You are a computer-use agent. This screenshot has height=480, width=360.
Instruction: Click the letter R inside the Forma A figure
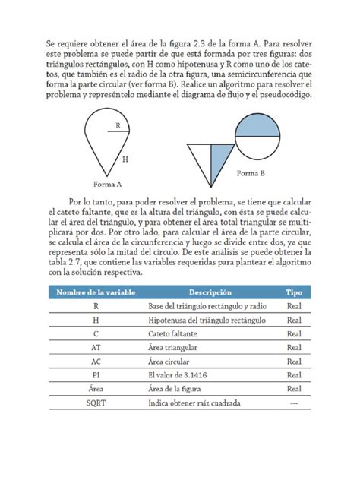coord(118,126)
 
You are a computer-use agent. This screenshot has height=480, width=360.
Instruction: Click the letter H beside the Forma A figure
coord(125,159)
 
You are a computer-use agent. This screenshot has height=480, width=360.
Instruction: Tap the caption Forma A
coord(108,184)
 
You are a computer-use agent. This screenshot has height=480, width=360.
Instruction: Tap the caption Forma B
coord(250,174)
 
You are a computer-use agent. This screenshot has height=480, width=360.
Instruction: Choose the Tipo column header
coord(293,292)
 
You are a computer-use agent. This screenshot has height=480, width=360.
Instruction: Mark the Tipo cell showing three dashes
coord(293,403)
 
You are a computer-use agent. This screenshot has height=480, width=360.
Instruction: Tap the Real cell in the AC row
coord(293,362)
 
